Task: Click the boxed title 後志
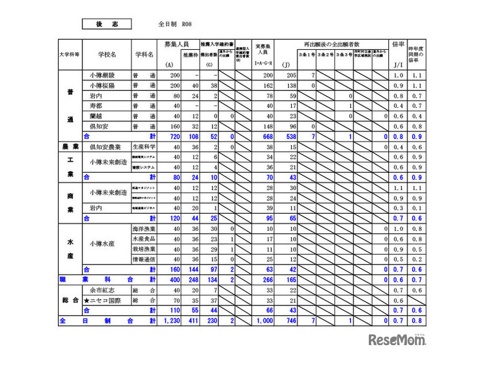click(x=107, y=24)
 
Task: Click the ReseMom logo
click(x=397, y=340)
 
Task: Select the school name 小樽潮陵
click(x=107, y=76)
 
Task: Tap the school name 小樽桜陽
click(x=107, y=86)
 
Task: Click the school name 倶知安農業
click(x=105, y=146)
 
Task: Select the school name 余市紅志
click(x=102, y=290)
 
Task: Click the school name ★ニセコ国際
click(x=105, y=300)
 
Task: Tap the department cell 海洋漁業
click(x=144, y=228)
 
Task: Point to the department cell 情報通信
click(x=144, y=259)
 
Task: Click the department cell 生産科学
click(x=144, y=146)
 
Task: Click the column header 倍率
click(x=398, y=44)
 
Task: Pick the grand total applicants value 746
click(x=288, y=320)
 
